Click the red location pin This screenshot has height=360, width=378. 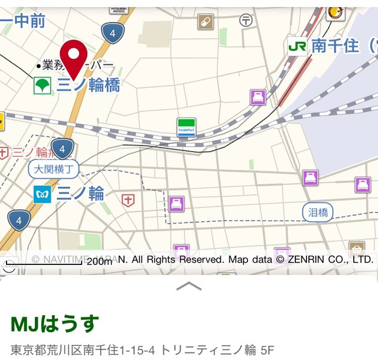coord(74,57)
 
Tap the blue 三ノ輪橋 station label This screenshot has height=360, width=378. coord(89,85)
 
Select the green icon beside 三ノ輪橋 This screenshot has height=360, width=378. coord(42,86)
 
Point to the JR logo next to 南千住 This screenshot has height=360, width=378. coord(297,45)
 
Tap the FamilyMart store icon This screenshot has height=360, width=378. coord(187,127)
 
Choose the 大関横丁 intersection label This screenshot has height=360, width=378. coord(53,169)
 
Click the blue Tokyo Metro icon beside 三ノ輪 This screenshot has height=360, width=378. coord(42,194)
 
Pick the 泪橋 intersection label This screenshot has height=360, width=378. coord(318,212)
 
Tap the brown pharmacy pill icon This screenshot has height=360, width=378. coord(206,22)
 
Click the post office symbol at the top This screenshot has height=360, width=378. coord(246,21)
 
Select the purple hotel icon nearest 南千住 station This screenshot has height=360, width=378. coord(258,97)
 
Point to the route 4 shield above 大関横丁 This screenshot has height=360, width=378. coord(62,148)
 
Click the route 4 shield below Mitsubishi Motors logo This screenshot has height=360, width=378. coord(112,33)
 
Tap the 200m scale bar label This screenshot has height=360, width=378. coord(99,261)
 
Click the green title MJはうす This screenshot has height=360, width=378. coord(54,324)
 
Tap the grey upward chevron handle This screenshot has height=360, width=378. coord(189,286)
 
